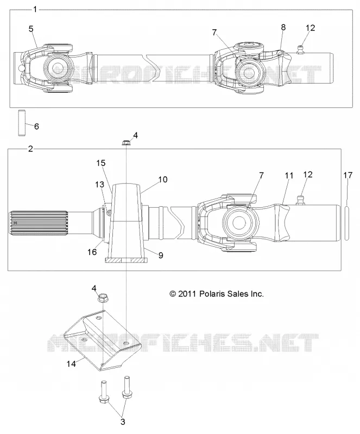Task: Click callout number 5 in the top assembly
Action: tap(31, 29)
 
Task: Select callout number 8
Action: tap(283, 27)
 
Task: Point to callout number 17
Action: tap(348, 175)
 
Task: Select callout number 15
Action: tap(101, 163)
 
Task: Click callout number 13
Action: tap(99, 184)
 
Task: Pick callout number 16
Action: tap(92, 252)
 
